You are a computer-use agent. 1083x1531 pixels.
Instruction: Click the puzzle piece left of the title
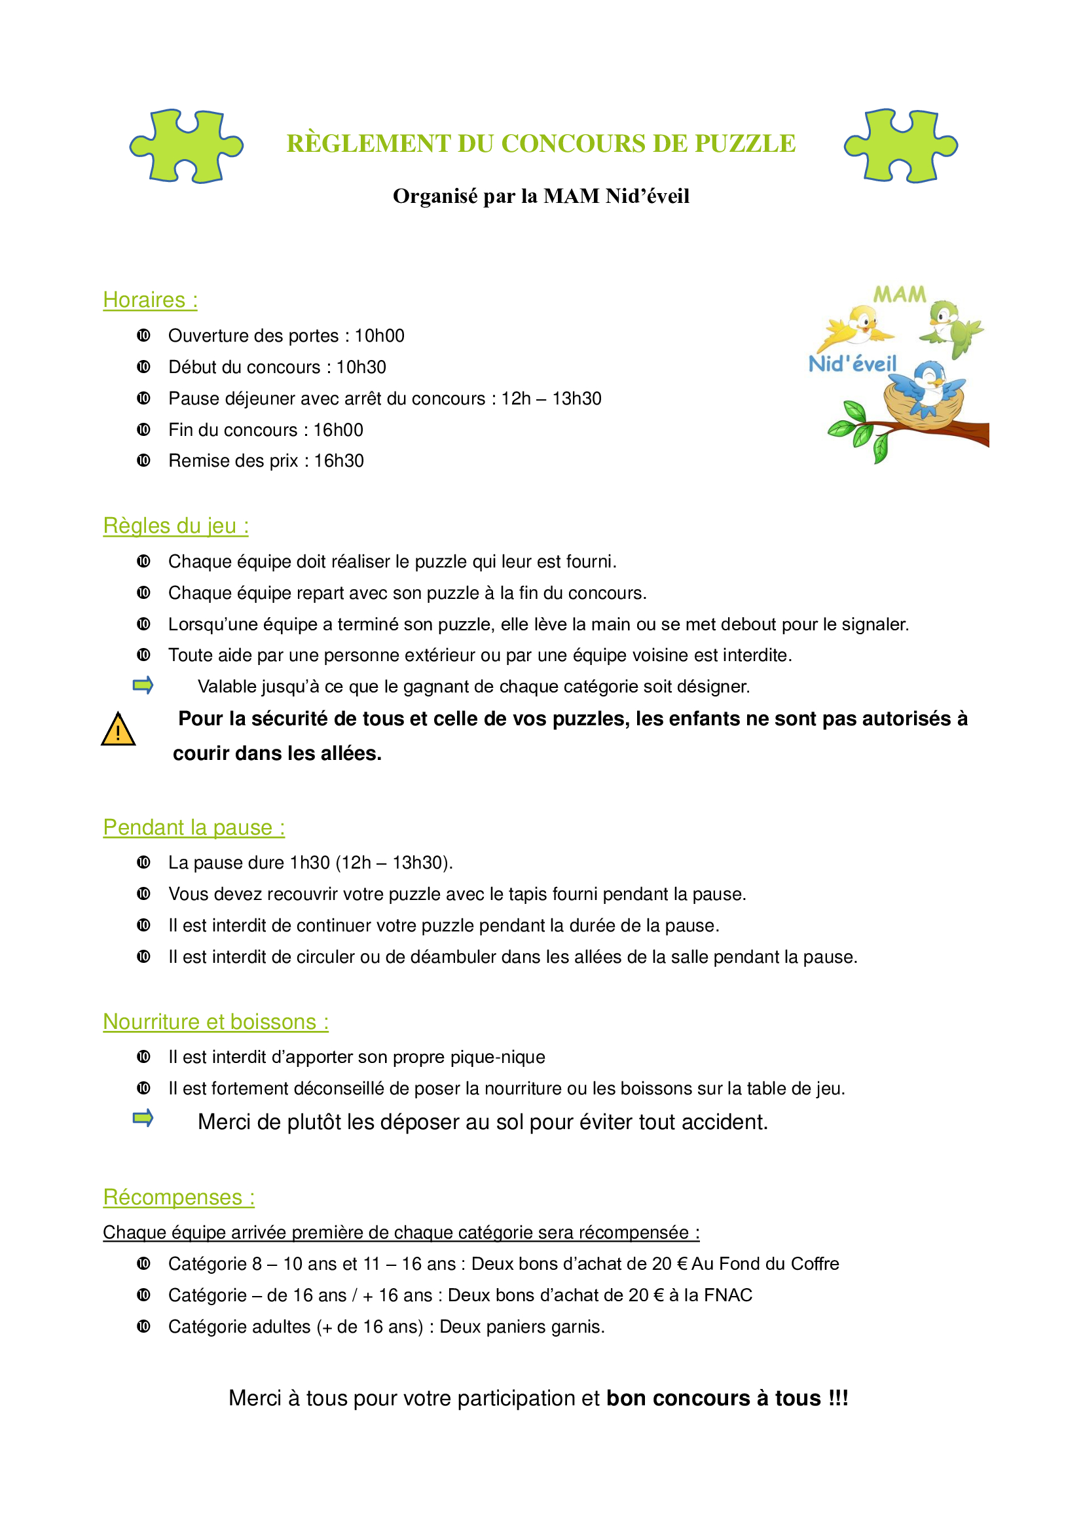point(186,146)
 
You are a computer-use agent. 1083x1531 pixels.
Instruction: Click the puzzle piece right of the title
point(900,146)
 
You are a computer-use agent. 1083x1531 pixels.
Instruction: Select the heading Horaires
point(150,300)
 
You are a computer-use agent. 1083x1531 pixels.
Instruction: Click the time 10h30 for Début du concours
point(361,367)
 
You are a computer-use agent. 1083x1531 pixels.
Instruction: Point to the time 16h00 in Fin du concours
point(338,430)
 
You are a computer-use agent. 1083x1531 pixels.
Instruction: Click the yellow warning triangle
point(118,729)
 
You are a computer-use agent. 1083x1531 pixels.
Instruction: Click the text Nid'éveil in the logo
point(853,364)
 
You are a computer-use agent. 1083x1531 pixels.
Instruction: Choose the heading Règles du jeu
point(175,526)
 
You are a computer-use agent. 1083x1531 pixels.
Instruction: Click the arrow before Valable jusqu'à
point(143,685)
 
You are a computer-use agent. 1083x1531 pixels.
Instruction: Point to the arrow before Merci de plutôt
point(143,1118)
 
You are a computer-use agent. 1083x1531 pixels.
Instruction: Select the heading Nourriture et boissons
point(215,1022)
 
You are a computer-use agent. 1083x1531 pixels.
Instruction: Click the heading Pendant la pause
point(193,827)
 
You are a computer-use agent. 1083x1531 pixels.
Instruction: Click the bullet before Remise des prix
point(143,461)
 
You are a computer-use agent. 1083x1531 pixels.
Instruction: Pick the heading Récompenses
point(179,1198)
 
